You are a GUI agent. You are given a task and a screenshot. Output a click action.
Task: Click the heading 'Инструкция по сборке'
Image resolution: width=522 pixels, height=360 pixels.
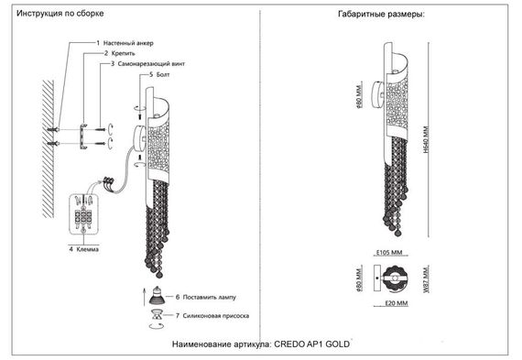tap(61, 16)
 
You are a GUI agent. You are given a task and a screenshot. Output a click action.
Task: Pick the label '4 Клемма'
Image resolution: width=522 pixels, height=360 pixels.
tap(83, 248)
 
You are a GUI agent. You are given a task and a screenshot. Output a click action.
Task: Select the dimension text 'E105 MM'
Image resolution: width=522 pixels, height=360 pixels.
tap(391, 252)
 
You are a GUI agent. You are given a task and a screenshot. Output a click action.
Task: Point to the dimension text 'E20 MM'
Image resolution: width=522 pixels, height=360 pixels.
tap(397, 302)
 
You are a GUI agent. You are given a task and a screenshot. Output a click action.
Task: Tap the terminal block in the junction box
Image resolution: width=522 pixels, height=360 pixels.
tap(82, 220)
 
